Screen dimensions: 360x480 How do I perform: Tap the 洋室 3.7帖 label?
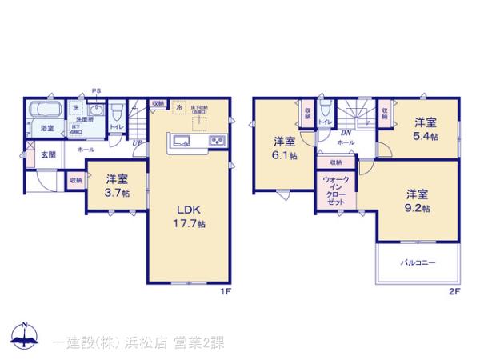(x=117, y=186)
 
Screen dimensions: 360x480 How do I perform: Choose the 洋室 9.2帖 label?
(x=417, y=201)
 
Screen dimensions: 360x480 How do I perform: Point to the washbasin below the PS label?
(x=96, y=109)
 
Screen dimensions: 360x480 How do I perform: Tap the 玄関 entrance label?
(x=48, y=154)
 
